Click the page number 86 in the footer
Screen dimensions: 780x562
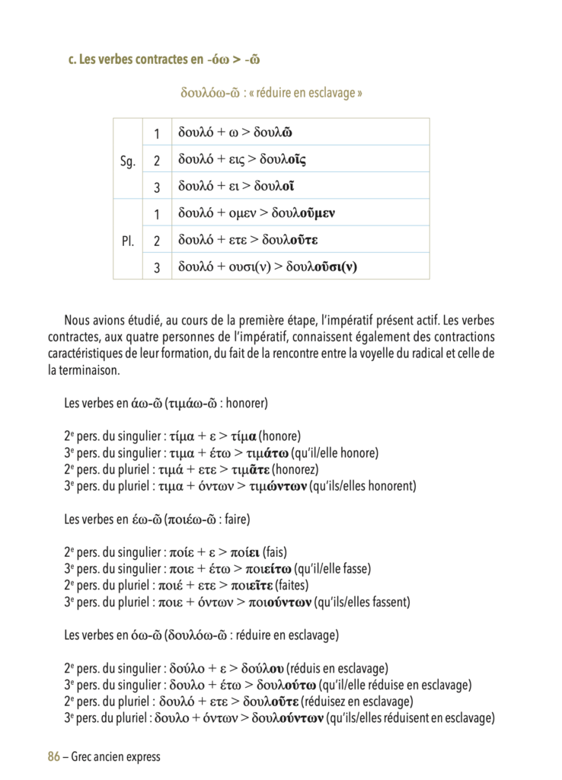53,756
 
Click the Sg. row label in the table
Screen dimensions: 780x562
128,160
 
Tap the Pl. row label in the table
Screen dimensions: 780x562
128,241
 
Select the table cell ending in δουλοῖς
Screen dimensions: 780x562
300,160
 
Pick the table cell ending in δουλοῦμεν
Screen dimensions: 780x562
300,213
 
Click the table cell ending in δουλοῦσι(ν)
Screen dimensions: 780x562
300,267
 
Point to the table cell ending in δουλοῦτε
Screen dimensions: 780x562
300,240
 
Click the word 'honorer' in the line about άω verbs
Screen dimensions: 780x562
244,404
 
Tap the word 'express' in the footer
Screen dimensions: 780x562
141,756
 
